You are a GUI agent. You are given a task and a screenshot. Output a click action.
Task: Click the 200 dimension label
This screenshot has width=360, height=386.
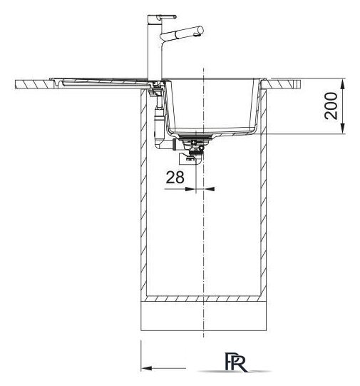pos(331,106)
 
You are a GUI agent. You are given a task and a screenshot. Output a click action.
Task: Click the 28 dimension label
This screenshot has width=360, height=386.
pos(175,177)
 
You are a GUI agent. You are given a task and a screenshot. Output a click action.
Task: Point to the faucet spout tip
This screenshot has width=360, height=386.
pos(197,34)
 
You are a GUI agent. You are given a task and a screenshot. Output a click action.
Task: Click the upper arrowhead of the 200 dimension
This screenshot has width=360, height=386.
pos(344,83)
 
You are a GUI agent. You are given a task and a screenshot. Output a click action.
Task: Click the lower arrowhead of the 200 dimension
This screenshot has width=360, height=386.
pos(344,128)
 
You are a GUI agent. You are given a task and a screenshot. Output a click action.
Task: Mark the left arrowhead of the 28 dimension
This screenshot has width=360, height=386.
pos(190,189)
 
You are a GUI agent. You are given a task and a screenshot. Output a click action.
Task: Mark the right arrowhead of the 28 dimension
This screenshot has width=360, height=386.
pos(210,189)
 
